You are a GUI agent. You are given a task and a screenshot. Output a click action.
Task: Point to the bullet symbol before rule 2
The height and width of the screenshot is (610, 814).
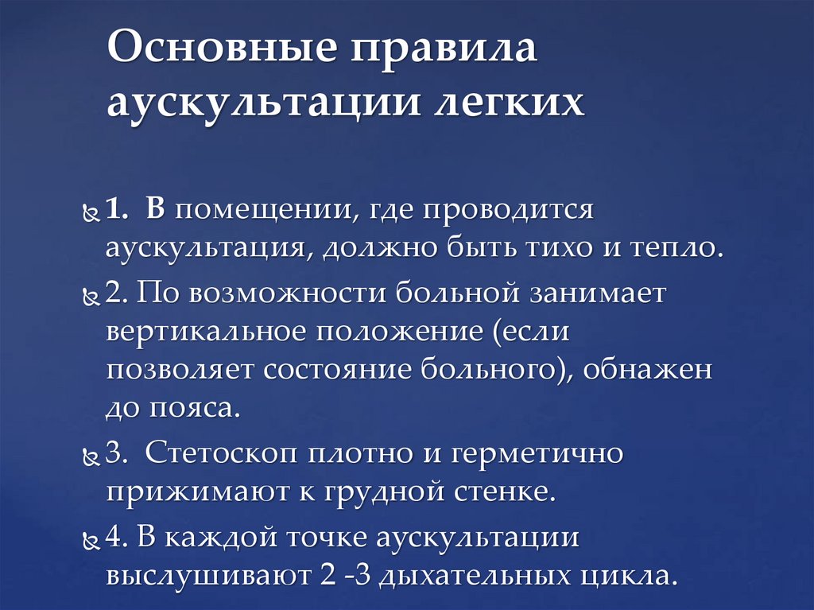(x=91, y=297)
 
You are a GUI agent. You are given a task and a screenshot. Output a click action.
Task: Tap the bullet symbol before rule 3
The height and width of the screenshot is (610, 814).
(x=91, y=459)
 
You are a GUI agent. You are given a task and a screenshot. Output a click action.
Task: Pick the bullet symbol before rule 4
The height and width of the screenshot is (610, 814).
(x=91, y=541)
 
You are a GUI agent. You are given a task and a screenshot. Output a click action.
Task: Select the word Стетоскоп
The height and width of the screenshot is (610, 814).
(x=219, y=455)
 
